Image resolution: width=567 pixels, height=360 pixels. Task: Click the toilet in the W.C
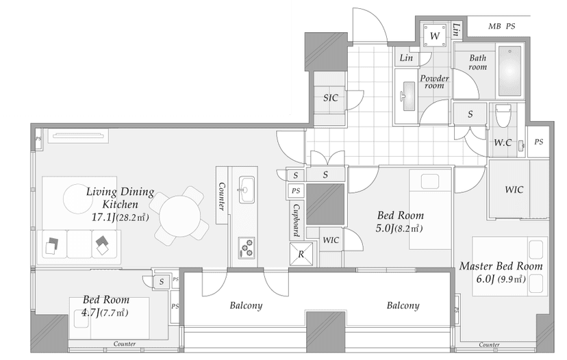coord(503,116)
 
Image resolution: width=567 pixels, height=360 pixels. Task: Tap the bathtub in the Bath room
coord(510,71)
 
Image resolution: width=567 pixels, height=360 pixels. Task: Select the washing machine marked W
coord(435,36)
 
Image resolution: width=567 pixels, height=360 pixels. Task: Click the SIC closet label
coord(331,98)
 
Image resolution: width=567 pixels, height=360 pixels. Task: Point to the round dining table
coord(179,216)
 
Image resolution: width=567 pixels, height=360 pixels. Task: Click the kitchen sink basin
coord(247,190)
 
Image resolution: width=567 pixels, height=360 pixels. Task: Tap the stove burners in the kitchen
coord(247,248)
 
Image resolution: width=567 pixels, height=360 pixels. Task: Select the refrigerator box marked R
coord(301,254)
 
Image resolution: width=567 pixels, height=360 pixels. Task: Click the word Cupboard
coord(296,220)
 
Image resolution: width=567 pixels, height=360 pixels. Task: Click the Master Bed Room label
coord(501,266)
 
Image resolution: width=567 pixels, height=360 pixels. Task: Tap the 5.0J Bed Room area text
coord(399,229)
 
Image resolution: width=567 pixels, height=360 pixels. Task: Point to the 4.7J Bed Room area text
coord(105,312)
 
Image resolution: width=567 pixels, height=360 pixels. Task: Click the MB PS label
coord(501,27)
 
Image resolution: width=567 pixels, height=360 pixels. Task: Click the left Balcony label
coord(246,306)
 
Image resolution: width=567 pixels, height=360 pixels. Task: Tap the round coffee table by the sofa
coord(78,198)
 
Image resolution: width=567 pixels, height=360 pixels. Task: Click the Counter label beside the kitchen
coord(222,196)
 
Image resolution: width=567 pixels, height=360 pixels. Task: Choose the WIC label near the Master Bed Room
coord(514,190)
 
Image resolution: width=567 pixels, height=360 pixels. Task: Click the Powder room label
coord(434,81)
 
